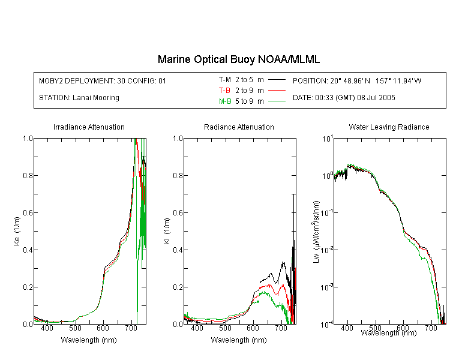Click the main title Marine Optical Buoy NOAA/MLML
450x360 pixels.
pos(238,59)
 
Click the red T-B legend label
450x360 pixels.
pos(225,91)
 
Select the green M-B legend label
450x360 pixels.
pos(225,101)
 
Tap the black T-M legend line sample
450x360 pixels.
pos(277,80)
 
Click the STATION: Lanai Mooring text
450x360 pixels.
pos(79,98)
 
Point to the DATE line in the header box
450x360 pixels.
pos(344,98)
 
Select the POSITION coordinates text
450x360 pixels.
pos(357,80)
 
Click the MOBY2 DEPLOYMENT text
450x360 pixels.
pos(103,80)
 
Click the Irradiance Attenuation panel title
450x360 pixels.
pos(89,127)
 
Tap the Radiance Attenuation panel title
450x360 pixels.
pos(239,127)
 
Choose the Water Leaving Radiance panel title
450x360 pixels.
pos(389,127)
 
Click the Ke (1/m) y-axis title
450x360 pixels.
pos(17,231)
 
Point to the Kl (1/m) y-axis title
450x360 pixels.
pos(167,231)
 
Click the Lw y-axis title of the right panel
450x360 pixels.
pos(316,232)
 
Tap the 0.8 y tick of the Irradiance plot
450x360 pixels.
pos(28,175)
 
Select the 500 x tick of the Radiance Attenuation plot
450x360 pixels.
pos(225,328)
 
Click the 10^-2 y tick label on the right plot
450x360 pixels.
pos(327,250)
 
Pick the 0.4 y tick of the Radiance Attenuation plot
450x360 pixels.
pos(178,250)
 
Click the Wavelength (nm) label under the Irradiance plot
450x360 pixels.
pos(89,340)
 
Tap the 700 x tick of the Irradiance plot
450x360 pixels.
pos(131,328)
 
